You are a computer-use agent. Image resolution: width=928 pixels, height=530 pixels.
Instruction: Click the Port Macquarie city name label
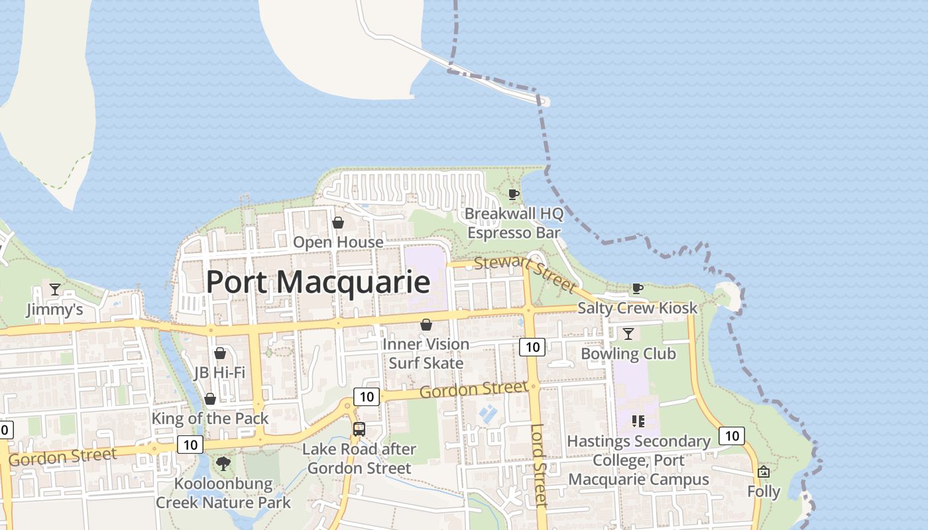coord(318,282)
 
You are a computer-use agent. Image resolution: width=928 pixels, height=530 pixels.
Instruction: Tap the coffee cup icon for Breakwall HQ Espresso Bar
coord(513,194)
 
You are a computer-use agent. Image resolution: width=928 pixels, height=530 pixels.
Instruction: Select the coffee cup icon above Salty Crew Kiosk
coord(637,288)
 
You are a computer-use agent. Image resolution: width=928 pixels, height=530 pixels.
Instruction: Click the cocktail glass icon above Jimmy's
coord(54,290)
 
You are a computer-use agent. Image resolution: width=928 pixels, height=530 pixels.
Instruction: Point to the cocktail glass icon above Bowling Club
coord(628,333)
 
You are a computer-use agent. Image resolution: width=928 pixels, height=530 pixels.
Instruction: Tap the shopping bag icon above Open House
coord(338,223)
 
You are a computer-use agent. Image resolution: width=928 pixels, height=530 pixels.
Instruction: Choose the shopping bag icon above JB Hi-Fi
coord(220,353)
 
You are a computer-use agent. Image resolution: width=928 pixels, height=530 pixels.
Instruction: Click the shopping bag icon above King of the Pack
coord(210,399)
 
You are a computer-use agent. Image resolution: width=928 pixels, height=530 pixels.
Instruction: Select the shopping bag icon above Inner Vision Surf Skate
coord(426,325)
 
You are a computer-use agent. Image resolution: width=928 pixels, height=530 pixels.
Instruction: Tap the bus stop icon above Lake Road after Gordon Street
coord(359,429)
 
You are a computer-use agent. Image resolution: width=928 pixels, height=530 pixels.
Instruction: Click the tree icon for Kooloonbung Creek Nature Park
coord(223,463)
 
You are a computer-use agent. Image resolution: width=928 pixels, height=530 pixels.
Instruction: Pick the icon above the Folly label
coord(764,472)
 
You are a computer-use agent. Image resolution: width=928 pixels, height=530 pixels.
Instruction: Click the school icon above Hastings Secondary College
coord(638,421)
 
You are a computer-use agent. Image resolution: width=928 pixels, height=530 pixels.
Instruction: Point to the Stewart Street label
coord(525,274)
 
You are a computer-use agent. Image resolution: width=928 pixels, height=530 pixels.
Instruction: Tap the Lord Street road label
coord(539,465)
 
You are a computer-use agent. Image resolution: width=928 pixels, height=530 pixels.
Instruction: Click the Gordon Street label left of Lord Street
coord(473,390)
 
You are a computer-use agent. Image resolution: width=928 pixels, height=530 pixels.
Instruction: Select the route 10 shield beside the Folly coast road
coord(731,435)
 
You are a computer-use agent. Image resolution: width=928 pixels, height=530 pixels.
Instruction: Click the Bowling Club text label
coord(628,353)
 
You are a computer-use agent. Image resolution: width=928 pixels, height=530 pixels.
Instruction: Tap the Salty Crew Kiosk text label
coord(637,308)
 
